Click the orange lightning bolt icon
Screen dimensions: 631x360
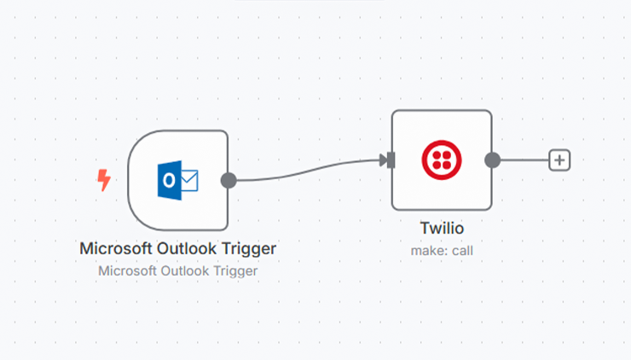[104, 180]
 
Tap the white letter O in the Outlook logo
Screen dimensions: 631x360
[169, 180]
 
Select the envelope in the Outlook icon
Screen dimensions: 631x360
[189, 180]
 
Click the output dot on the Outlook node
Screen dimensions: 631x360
[229, 180]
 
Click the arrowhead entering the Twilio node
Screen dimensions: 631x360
[383, 160]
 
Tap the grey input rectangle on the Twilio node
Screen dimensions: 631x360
[391, 160]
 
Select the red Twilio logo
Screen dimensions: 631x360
[442, 160]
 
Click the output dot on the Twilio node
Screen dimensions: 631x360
[493, 160]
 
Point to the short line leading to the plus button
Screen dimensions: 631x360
[524, 160]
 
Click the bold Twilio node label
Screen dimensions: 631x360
[442, 229]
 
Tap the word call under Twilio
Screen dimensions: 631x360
[462, 251]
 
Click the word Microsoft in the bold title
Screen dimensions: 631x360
[116, 248]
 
